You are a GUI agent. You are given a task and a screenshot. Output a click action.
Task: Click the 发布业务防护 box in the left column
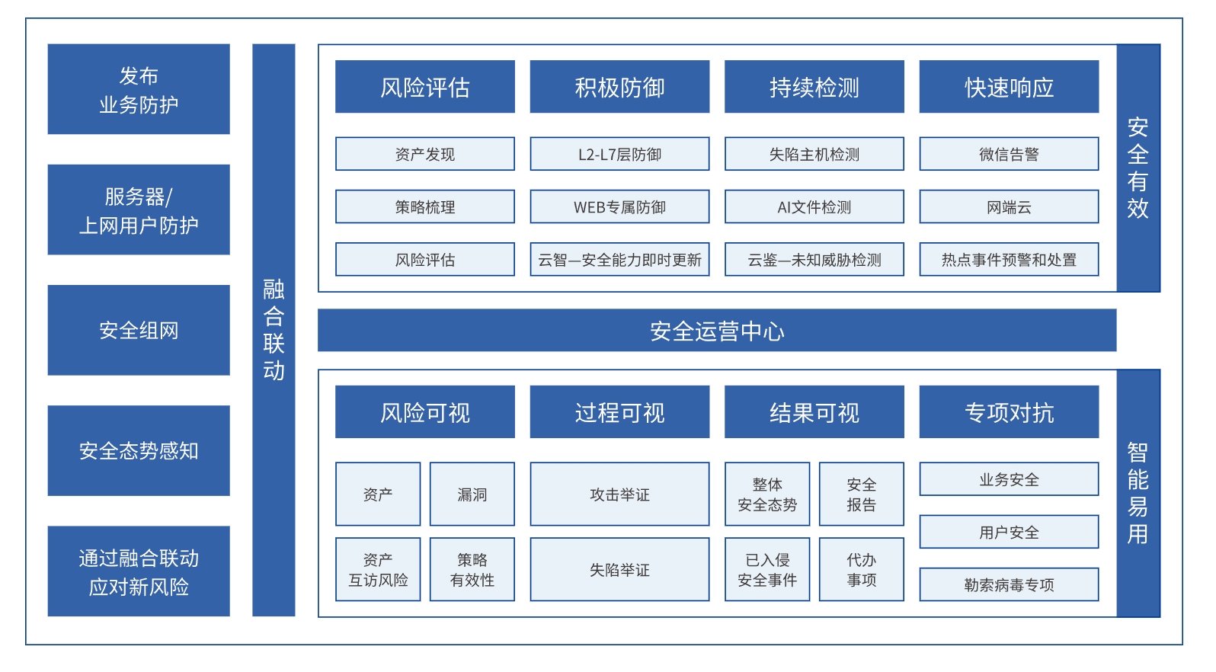[x=139, y=89]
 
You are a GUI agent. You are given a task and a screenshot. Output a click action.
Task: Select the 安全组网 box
[x=139, y=330]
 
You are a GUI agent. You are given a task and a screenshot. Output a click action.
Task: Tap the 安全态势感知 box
[x=139, y=450]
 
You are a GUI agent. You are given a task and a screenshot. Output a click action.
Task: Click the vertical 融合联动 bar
[x=274, y=330]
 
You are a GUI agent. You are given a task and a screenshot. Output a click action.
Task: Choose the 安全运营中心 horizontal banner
[x=717, y=331]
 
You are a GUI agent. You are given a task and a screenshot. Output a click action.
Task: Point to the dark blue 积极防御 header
[x=619, y=87]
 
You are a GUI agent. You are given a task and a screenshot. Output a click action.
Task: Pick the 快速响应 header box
[x=1010, y=87]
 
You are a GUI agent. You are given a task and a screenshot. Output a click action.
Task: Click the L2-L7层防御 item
[x=619, y=154]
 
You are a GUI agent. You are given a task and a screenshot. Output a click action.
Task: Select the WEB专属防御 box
[x=619, y=206]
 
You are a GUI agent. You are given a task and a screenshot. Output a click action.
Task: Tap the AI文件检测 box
[x=814, y=206]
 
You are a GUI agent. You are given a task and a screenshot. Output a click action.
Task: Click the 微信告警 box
[x=1010, y=154]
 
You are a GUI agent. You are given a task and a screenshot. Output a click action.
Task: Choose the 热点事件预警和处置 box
[x=1010, y=260]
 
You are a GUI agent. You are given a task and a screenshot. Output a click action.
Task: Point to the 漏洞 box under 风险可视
[x=472, y=494]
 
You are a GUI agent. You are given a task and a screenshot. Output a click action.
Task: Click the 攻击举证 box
[x=619, y=494]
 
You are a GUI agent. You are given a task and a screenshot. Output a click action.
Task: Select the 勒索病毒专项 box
[x=1010, y=584]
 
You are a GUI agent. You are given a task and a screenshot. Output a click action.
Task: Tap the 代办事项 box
[x=862, y=569]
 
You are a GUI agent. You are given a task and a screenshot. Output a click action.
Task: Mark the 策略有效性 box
[x=472, y=569]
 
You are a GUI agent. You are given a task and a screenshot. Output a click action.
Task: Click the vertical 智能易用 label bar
[x=1138, y=494]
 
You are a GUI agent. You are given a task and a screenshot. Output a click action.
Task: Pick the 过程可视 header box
[x=619, y=412]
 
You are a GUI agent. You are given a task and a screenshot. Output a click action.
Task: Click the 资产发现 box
[x=425, y=154]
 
